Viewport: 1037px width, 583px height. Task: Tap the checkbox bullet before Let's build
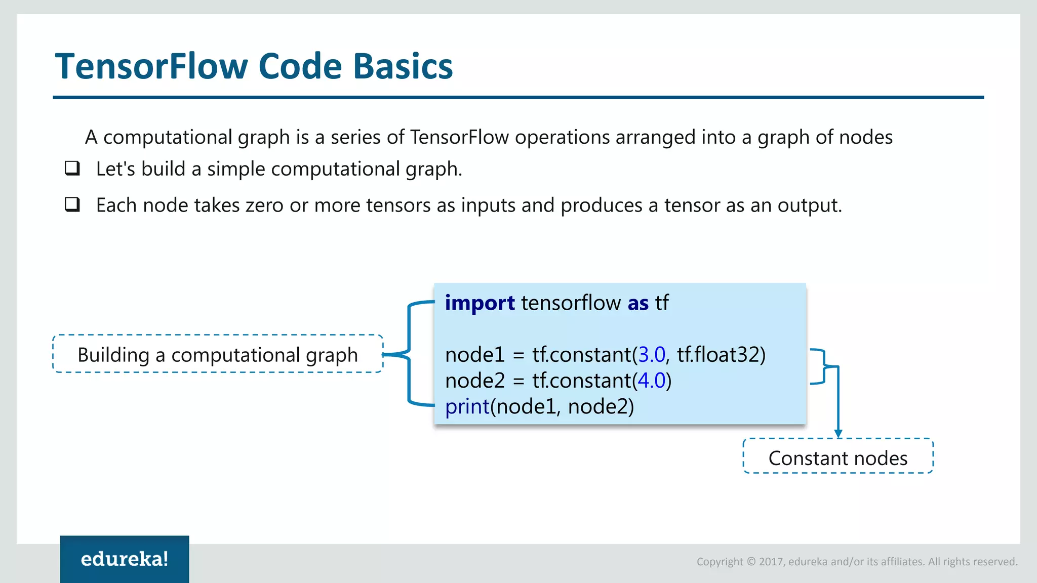tap(72, 168)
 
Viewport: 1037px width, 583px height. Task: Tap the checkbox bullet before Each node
tap(72, 204)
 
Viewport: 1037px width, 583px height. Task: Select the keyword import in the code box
tap(480, 303)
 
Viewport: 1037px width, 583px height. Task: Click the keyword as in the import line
tap(638, 303)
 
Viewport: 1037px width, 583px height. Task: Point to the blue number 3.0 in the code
tap(652, 355)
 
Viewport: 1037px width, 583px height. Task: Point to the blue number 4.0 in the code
tap(652, 381)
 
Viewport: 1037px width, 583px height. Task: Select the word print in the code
tap(467, 407)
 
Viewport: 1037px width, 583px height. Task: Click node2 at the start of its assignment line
tap(474, 381)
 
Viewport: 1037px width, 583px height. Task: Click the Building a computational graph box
tap(218, 354)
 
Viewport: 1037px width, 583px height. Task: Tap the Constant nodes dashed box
tap(838, 457)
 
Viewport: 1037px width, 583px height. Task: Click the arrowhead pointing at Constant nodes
tap(839, 434)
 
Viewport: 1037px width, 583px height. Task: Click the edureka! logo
tap(125, 559)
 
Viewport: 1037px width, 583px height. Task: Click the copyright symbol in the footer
tap(751, 562)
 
